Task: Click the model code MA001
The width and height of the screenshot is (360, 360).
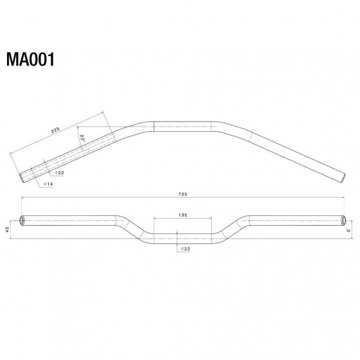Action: (30, 59)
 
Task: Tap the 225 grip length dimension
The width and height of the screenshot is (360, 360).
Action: (55, 130)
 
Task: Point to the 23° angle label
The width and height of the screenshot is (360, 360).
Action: (82, 138)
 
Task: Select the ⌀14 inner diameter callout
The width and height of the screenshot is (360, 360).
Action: (48, 184)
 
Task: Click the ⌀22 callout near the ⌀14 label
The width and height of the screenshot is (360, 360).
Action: (59, 173)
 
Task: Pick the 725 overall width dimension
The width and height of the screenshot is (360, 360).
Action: (183, 194)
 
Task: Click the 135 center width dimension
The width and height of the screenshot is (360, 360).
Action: (183, 215)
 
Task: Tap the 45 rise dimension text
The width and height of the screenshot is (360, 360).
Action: (7, 229)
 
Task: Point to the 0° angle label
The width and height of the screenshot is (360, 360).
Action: (349, 230)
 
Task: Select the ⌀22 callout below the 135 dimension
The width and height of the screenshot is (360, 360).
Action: (186, 249)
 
